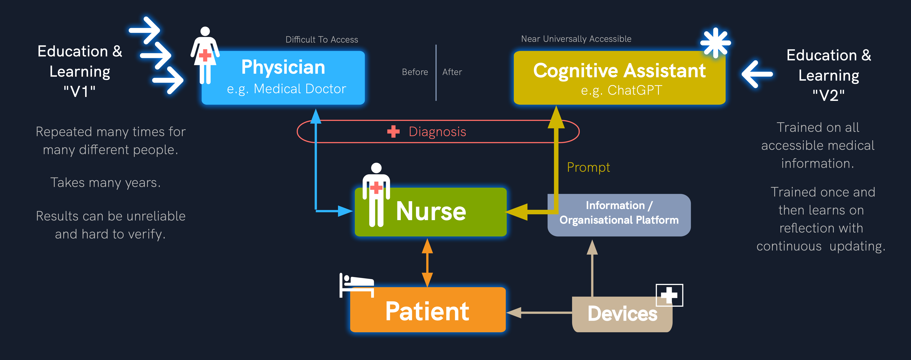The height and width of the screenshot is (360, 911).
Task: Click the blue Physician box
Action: tap(283, 78)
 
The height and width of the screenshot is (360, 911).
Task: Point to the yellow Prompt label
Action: tap(588, 167)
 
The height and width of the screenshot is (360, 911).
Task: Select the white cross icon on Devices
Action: tap(669, 295)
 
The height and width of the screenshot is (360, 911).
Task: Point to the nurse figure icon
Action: tap(376, 194)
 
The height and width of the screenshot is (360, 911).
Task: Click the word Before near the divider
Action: tap(415, 72)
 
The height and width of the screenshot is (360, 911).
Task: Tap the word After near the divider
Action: tap(452, 72)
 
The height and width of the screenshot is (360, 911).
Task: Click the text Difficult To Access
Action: tap(321, 40)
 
